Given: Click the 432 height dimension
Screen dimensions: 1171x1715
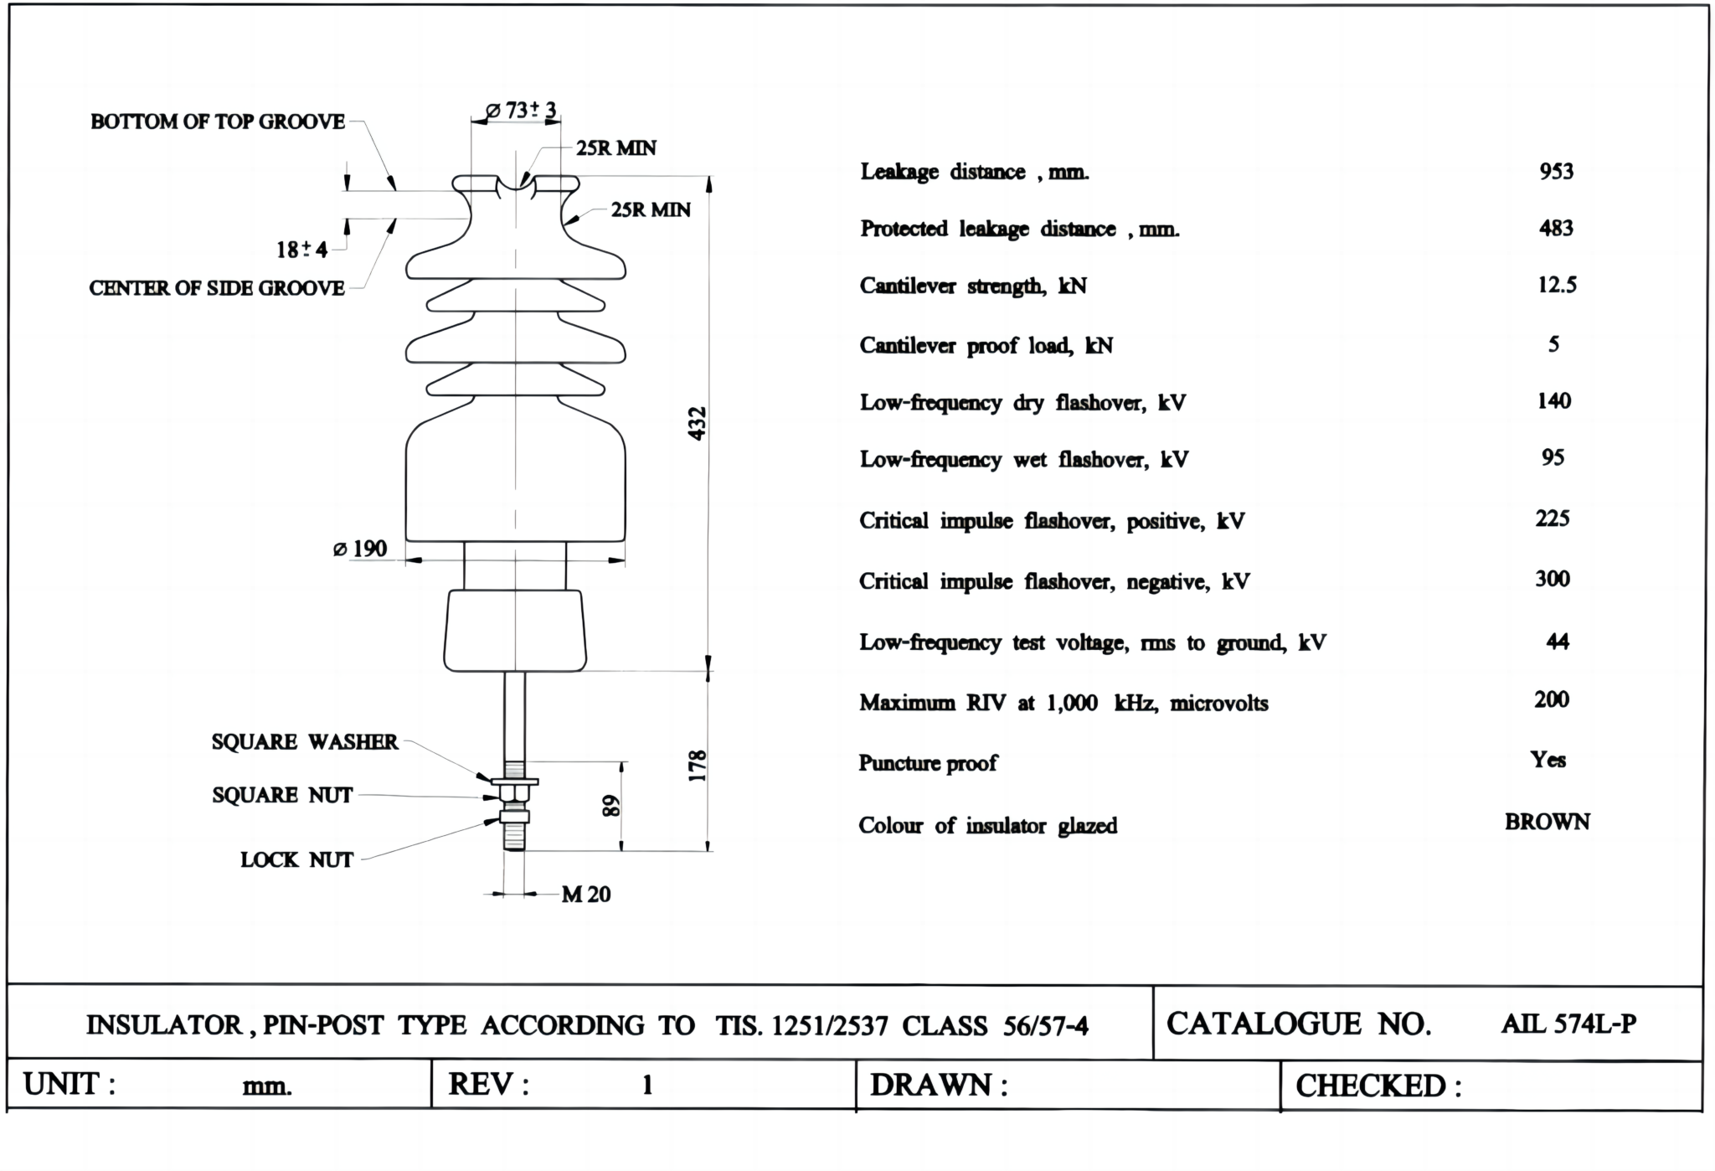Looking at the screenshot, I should (698, 423).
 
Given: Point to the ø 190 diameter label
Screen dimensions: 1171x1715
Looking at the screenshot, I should (360, 549).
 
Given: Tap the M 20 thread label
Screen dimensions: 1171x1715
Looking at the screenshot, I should (585, 895).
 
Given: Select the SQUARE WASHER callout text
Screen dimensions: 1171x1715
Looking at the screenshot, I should (305, 742).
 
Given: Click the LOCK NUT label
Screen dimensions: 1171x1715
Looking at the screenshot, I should (296, 860).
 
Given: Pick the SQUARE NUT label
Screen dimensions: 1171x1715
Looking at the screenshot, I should (282, 795).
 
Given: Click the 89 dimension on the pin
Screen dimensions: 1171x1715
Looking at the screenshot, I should (612, 806).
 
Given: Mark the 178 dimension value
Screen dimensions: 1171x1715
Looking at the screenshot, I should (698, 766).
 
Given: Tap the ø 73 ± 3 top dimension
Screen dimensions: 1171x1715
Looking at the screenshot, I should (521, 110).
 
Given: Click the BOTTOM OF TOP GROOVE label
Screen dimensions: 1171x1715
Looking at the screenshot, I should (218, 122).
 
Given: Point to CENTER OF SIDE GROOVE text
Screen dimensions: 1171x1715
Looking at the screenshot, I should (217, 288).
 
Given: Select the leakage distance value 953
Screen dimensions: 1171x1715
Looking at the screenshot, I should (1556, 172).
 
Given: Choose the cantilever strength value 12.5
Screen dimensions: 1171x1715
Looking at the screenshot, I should (1557, 286).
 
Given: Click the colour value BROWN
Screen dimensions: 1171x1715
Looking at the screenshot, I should (1547, 822).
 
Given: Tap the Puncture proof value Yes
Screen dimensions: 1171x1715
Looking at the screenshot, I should (1548, 760).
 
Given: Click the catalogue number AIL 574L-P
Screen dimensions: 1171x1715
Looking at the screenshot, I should (1568, 1024).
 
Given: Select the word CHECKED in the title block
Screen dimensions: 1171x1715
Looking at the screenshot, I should (1370, 1086).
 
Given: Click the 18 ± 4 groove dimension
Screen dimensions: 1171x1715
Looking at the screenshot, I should (301, 250).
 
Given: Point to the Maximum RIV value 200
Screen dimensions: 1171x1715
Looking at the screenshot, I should (1551, 699).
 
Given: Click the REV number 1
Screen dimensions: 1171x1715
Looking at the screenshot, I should (646, 1086).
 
